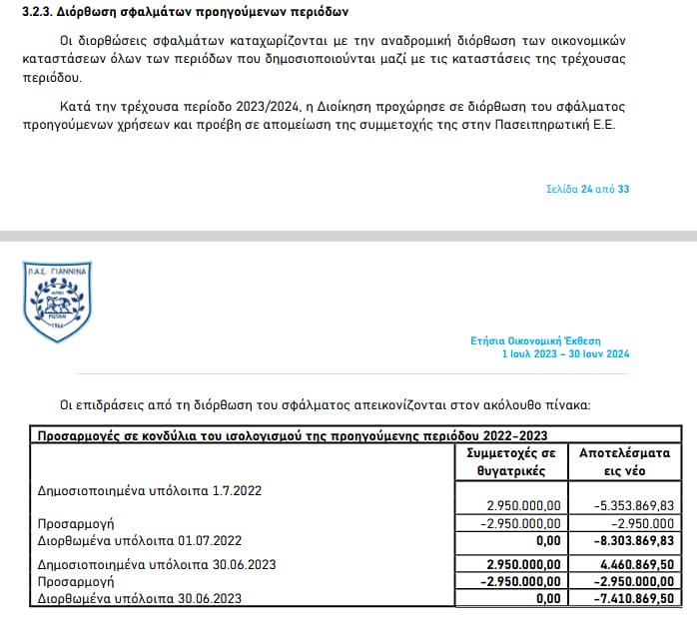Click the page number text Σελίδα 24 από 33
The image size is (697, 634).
pyautogui.click(x=588, y=189)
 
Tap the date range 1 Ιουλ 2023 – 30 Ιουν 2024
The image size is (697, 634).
pyautogui.click(x=565, y=354)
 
